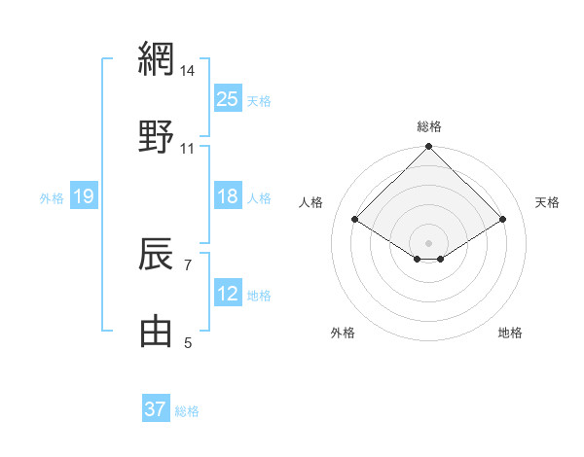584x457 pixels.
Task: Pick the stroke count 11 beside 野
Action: tap(188, 148)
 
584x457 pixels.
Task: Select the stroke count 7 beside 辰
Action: tap(188, 264)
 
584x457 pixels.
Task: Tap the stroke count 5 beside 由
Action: tap(188, 341)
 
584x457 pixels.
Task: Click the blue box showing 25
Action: tap(227, 98)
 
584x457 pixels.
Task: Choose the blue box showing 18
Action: tap(227, 196)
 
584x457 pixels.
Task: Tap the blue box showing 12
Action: tap(227, 294)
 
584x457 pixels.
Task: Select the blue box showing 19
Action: tap(83, 197)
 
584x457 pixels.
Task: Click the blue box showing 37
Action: tap(156, 409)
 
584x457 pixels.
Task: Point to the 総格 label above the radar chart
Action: tap(429, 126)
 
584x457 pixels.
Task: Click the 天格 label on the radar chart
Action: tap(547, 202)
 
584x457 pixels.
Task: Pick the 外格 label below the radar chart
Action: tap(343, 333)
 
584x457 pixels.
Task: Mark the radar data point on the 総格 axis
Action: tap(429, 148)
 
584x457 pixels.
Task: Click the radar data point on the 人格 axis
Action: tap(355, 220)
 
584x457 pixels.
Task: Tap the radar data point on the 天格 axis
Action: tap(503, 220)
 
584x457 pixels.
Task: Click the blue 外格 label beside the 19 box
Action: tap(52, 198)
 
